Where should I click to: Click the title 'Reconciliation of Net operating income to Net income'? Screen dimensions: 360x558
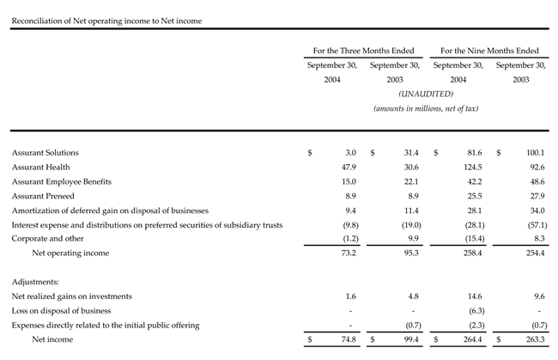click(x=106, y=19)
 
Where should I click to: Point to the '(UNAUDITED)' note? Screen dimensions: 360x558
click(x=426, y=94)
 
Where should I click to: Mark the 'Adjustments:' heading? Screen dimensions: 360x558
click(x=36, y=281)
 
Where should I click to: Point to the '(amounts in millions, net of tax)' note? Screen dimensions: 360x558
click(x=426, y=108)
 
